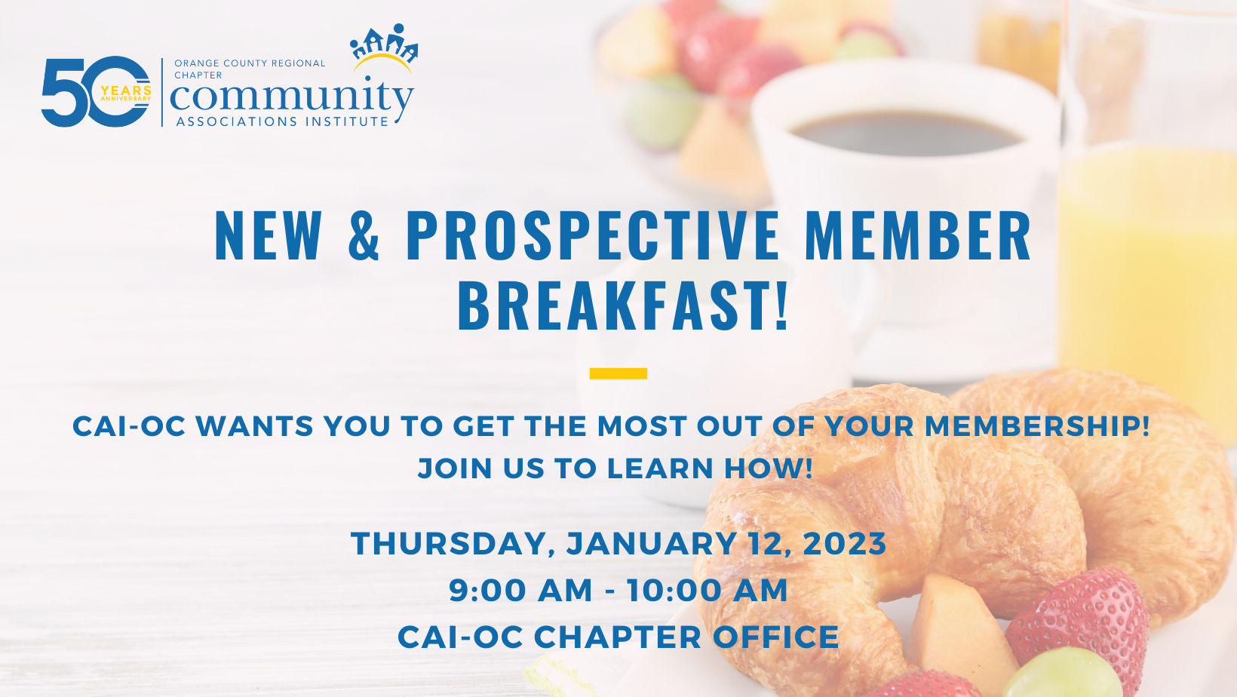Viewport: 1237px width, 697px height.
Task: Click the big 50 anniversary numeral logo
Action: coord(96,92)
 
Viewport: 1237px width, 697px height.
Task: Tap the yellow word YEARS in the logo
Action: coord(126,91)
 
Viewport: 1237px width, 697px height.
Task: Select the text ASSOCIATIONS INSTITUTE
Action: coord(282,121)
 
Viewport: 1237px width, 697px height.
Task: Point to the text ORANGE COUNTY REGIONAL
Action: coord(250,63)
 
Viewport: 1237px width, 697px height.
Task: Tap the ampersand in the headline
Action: coord(364,235)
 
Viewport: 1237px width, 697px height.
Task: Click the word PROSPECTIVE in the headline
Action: coord(593,235)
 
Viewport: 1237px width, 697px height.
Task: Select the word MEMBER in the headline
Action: coord(918,235)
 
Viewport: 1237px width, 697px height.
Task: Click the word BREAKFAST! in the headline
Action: coord(622,306)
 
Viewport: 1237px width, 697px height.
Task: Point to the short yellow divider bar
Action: coord(618,373)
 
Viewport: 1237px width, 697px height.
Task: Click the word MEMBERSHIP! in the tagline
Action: coord(1037,426)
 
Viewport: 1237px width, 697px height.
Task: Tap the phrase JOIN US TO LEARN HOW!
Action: coord(615,468)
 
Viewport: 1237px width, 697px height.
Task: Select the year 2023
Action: coord(844,543)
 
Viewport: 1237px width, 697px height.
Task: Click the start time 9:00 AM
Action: coord(520,590)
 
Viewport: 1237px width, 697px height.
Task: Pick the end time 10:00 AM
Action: coord(708,590)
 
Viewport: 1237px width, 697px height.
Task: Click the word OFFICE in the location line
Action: coord(776,637)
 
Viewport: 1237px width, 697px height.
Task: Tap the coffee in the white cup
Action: coord(906,133)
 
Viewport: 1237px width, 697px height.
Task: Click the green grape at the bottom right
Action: coord(1063,673)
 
